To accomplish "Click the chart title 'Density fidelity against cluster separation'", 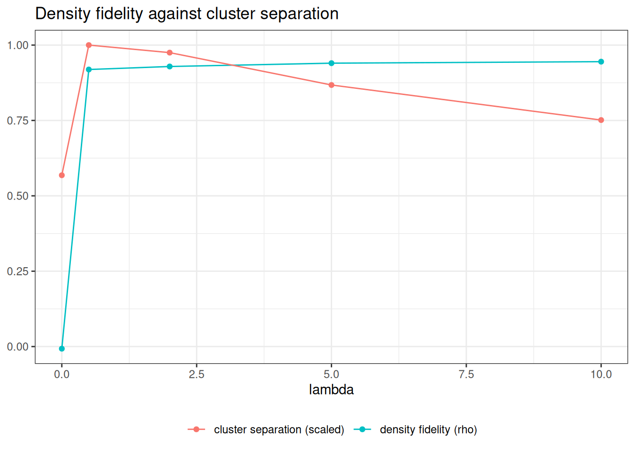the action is tap(187, 14).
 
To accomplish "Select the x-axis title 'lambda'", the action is tap(331, 390).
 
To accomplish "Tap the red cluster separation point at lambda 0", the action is tap(62, 175).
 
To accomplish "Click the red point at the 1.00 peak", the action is tap(89, 45).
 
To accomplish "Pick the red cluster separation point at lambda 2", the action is tap(170, 53).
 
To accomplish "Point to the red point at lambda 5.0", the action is tap(331, 85).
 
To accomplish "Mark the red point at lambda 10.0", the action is tap(601, 120).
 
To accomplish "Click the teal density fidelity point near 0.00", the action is tap(62, 349).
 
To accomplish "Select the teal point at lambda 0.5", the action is tap(89, 70).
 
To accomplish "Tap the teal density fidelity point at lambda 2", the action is tap(170, 67).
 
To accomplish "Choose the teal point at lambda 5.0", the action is tap(331, 63).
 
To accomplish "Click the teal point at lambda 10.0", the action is tap(601, 62).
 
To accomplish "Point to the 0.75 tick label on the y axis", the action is tap(18, 121).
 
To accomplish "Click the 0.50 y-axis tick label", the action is tap(18, 196).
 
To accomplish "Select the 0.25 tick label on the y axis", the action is tap(18, 271).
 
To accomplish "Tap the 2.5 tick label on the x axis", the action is tap(197, 375).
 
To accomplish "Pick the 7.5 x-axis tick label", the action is tap(466, 375).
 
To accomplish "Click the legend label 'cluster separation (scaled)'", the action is tap(279, 429).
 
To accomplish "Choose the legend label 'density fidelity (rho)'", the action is tap(429, 429).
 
